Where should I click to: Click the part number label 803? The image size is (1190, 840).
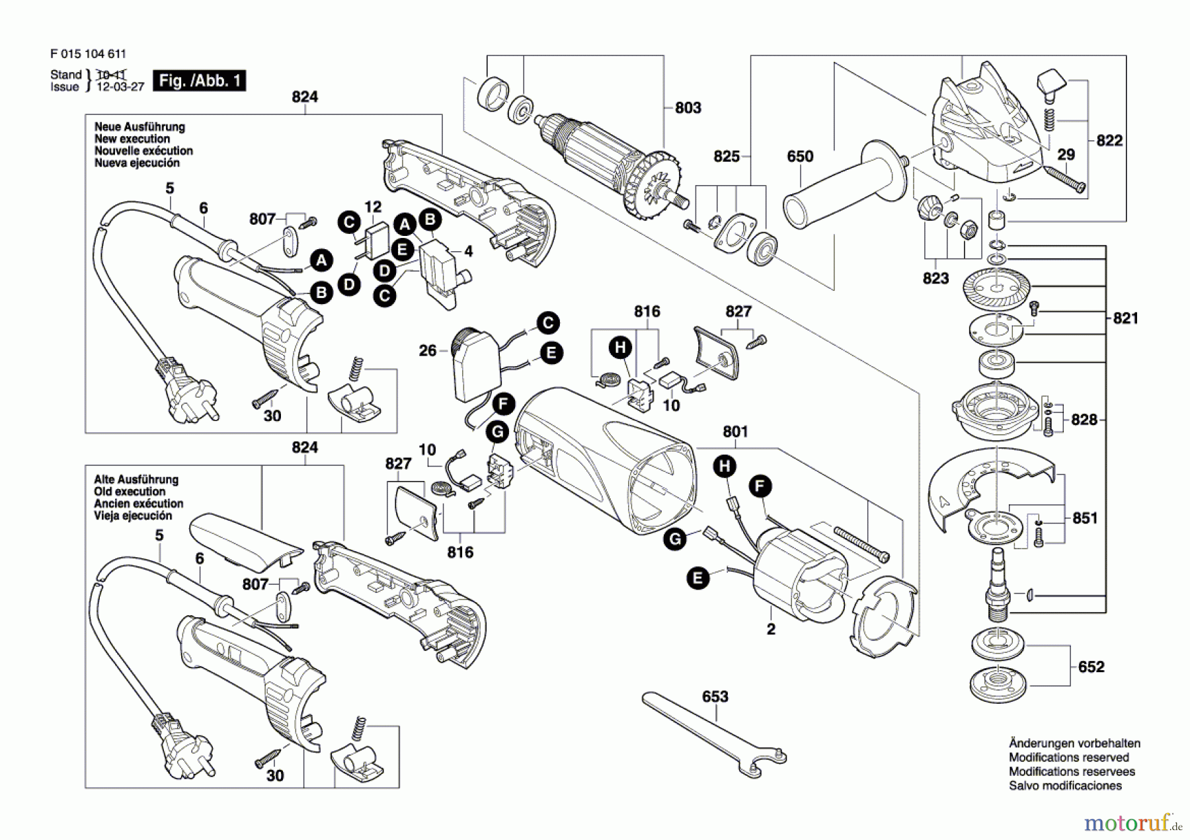click(x=688, y=108)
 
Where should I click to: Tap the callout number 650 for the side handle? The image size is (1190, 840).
click(x=800, y=157)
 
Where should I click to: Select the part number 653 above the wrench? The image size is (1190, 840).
click(x=715, y=697)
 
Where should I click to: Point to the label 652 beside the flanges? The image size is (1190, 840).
click(x=1091, y=667)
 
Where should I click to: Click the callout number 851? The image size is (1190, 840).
click(x=1085, y=518)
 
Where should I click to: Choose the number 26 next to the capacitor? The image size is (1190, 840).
click(x=428, y=350)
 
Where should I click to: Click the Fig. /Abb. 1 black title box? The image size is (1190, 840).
click(x=199, y=81)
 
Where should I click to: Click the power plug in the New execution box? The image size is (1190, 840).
click(x=185, y=393)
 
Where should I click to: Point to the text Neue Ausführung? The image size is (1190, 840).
click(x=139, y=127)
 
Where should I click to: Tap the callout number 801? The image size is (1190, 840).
click(x=735, y=432)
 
